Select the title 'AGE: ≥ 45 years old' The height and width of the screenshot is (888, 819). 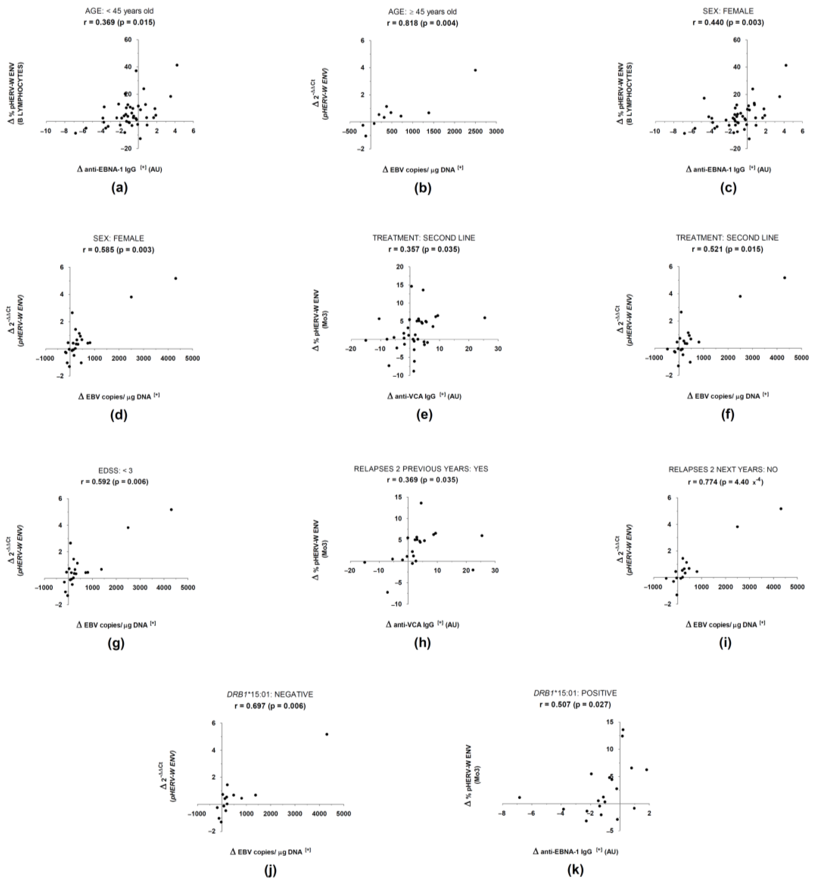point(422,12)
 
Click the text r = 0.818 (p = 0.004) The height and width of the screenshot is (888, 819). point(422,23)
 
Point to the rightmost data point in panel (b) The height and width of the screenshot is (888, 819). point(475,70)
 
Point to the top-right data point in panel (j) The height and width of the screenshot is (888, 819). point(327,734)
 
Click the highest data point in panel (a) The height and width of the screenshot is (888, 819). point(177,65)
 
